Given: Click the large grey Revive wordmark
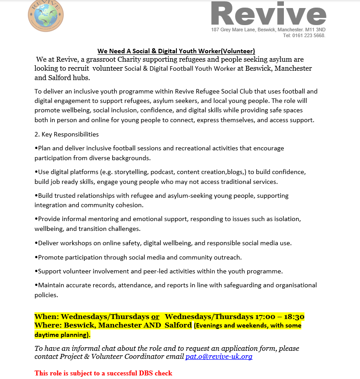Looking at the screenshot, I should tap(268, 14).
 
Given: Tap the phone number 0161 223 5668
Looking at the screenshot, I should tap(310, 35).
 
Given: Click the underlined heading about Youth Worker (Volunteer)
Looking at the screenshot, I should tap(176, 51).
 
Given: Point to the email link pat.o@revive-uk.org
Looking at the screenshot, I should tap(219, 357).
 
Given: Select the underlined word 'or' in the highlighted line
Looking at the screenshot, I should tap(155, 317).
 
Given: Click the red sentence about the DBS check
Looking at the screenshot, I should tap(103, 373).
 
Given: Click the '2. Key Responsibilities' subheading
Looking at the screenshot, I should tap(67, 134).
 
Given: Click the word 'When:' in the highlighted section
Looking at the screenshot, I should tap(47, 317).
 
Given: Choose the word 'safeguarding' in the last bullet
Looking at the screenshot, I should tap(231, 285).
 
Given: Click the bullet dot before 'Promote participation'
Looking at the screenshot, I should tap(36, 257).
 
